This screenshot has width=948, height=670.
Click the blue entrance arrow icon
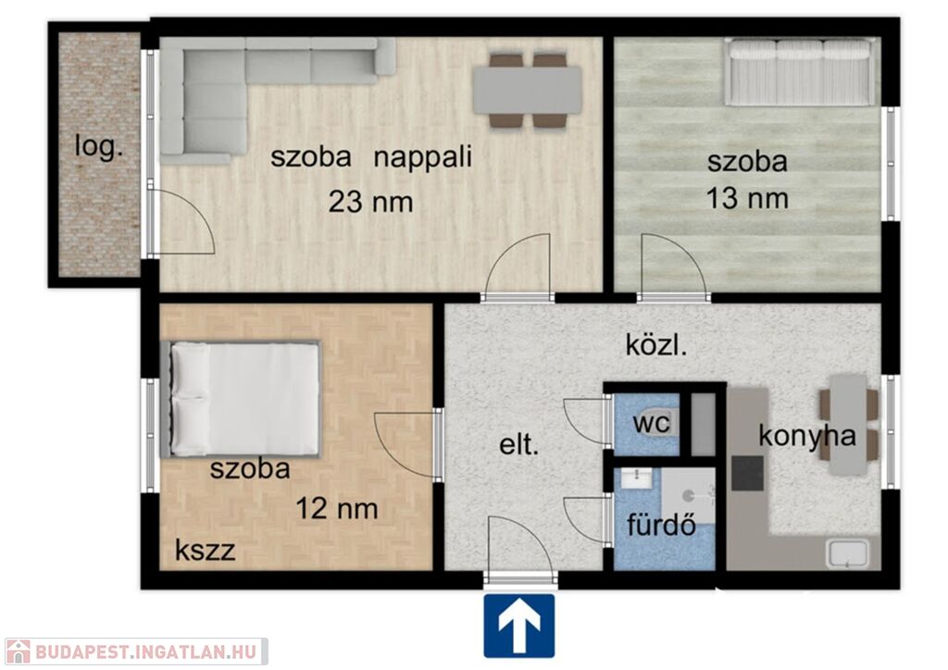[518, 626]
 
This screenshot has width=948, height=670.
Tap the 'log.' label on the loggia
[99, 146]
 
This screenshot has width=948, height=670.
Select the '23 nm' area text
[370, 201]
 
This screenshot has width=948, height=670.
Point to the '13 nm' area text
[747, 198]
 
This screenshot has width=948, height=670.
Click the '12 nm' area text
[337, 508]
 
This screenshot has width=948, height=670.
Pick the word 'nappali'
[422, 158]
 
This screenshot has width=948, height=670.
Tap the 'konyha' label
[807, 435]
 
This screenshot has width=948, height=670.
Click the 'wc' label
[651, 423]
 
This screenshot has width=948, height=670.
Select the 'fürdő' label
[661, 525]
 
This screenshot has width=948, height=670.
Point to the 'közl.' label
[656, 345]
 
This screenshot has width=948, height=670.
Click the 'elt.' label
[518, 445]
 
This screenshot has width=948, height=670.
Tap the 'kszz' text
[205, 551]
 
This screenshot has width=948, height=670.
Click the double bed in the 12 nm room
[240, 399]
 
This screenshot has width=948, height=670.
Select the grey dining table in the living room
[527, 90]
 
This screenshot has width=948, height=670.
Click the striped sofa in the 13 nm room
[799, 72]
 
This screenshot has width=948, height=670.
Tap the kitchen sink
[847, 554]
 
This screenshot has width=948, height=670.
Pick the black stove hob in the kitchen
[747, 473]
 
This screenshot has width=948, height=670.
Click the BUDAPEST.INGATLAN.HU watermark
[135, 651]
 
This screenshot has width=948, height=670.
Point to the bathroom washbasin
[637, 478]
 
